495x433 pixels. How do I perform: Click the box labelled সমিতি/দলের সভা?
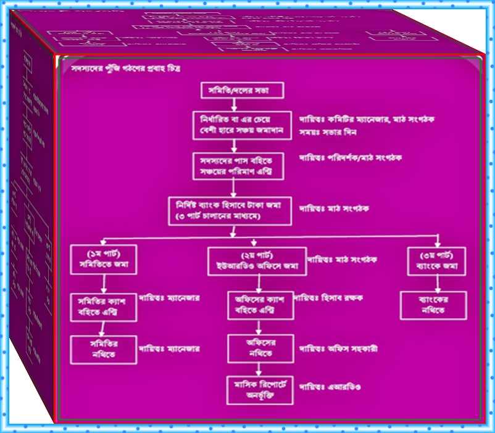(242, 91)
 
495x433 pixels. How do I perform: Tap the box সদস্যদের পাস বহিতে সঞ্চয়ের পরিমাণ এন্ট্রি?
(238, 165)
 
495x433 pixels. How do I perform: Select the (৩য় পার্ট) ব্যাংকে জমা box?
(437, 262)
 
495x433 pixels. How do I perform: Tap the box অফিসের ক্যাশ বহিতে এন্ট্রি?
(260, 305)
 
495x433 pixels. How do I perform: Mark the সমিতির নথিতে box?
(103, 349)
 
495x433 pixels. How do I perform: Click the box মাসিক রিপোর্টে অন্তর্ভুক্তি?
(259, 390)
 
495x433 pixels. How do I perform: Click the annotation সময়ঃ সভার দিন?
(330, 132)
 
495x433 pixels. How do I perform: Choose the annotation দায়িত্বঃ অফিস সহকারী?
(338, 348)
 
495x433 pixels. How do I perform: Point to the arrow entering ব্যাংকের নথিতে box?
(437, 284)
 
